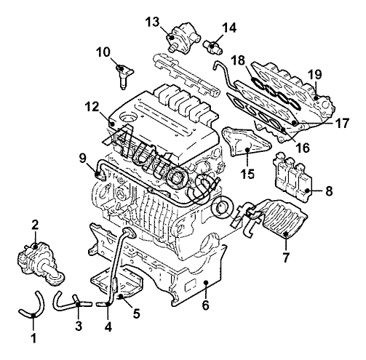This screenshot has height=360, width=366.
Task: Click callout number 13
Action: click(153, 22)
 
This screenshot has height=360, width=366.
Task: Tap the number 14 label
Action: click(229, 28)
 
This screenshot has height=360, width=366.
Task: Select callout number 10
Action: click(103, 52)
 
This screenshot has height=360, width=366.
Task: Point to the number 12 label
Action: click(92, 106)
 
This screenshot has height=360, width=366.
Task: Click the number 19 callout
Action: click(315, 74)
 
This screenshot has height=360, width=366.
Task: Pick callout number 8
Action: click(329, 191)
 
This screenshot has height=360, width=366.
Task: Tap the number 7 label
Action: click(286, 257)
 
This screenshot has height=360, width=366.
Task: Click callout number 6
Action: click(205, 305)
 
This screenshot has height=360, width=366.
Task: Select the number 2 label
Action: click(35, 225)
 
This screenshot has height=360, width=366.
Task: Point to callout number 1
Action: click(34, 338)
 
